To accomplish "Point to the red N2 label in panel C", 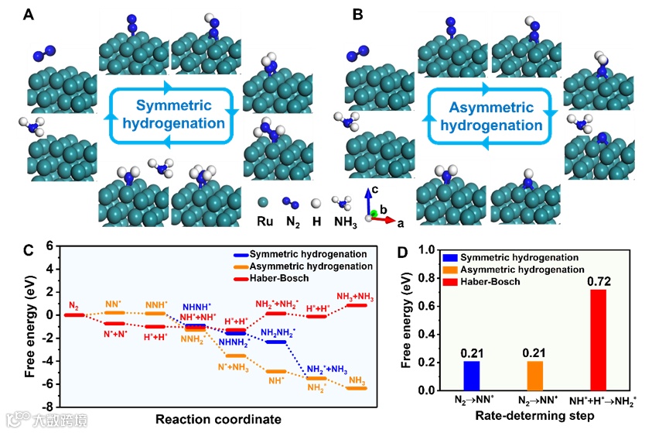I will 74,307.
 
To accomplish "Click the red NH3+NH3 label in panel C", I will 356,297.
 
